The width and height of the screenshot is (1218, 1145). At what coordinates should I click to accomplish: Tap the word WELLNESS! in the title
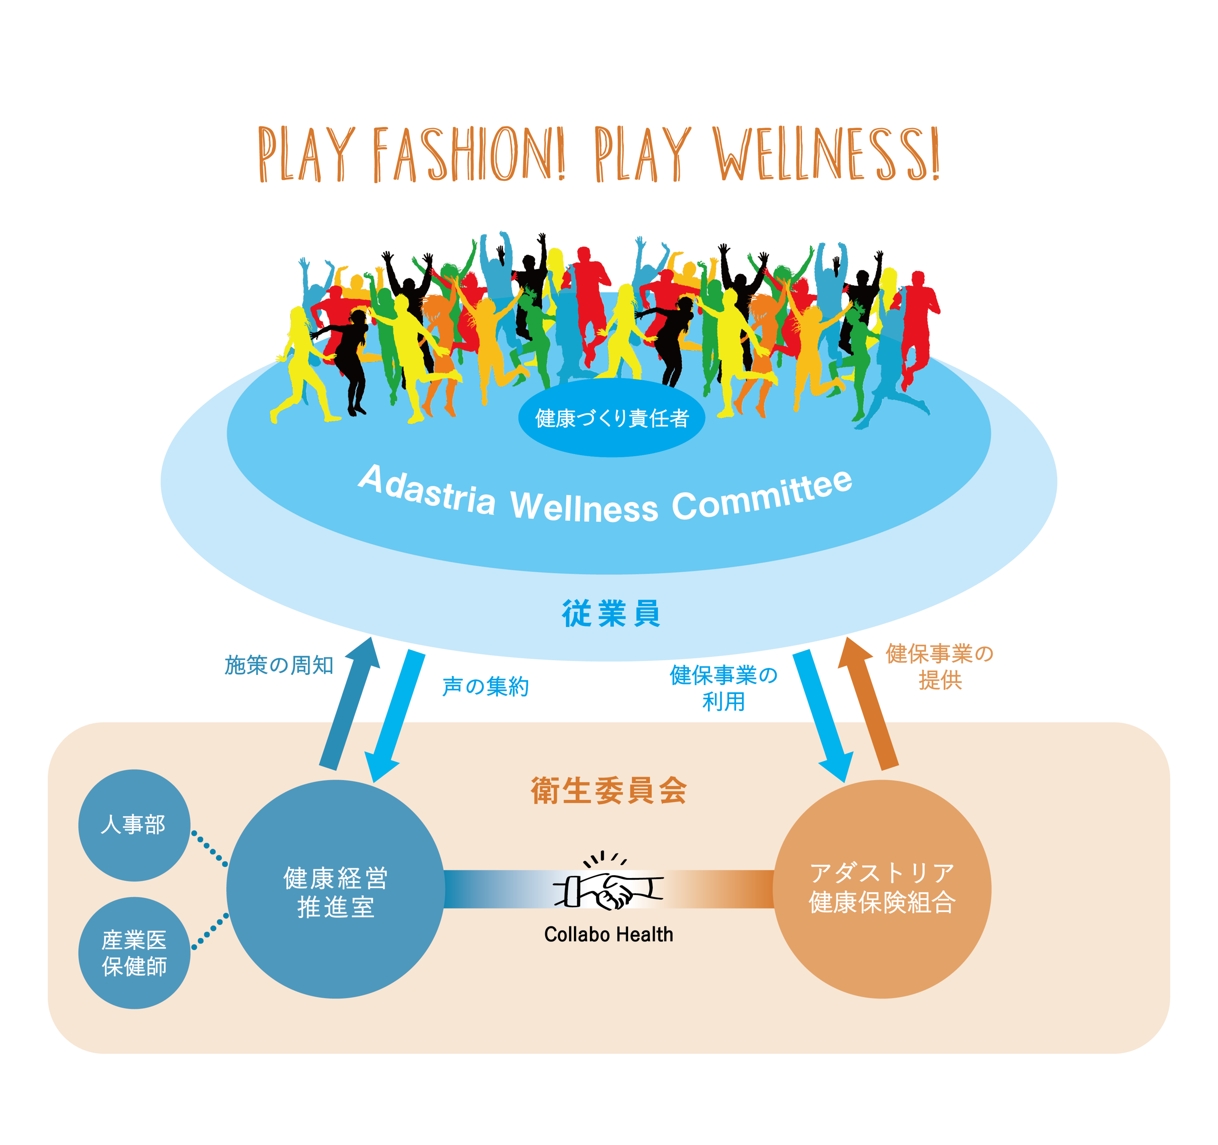click(826, 154)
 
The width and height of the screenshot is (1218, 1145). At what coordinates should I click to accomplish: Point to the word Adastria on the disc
click(427, 490)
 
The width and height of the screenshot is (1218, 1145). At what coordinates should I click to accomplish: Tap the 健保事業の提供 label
click(939, 667)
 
